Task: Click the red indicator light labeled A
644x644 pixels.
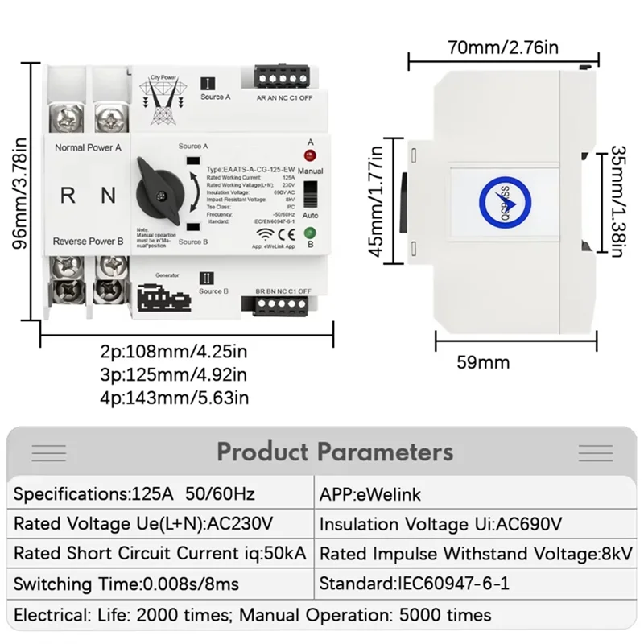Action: click(310, 155)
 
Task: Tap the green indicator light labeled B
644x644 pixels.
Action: click(310, 233)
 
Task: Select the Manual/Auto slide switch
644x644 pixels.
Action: click(310, 194)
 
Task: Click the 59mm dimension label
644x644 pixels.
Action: click(483, 362)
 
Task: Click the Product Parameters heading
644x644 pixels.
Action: click(334, 452)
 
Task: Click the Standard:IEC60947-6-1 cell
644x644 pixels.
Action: click(415, 584)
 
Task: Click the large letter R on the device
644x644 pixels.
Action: click(68, 194)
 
